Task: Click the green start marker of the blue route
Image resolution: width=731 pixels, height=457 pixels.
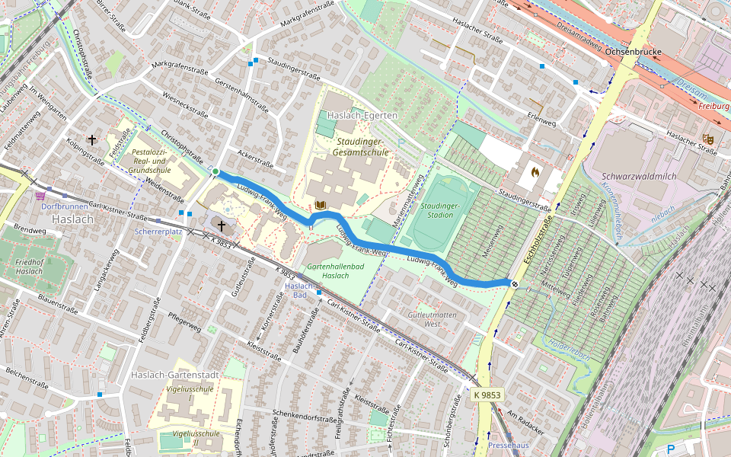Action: pyautogui.click(x=215, y=171)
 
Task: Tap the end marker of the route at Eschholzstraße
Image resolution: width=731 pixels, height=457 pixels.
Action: pyautogui.click(x=515, y=284)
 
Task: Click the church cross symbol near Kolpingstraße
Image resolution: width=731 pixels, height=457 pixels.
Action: pyautogui.click(x=93, y=140)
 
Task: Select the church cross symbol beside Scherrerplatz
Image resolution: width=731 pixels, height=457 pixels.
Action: pyautogui.click(x=222, y=225)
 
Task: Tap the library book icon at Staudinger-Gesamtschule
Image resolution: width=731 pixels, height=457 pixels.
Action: pyautogui.click(x=320, y=205)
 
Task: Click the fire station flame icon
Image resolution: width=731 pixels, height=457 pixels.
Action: pyautogui.click(x=535, y=172)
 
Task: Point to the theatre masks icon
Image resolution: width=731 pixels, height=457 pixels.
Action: pyautogui.click(x=707, y=139)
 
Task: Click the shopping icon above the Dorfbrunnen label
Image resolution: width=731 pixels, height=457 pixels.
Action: pyautogui.click(x=40, y=195)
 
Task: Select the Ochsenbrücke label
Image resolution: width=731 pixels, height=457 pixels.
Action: pyautogui.click(x=632, y=52)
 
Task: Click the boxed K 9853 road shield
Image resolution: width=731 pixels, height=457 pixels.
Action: pyautogui.click(x=487, y=395)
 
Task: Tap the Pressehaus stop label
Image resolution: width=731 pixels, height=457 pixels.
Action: pyautogui.click(x=508, y=444)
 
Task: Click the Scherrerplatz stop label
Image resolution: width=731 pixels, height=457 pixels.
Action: pyautogui.click(x=158, y=231)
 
